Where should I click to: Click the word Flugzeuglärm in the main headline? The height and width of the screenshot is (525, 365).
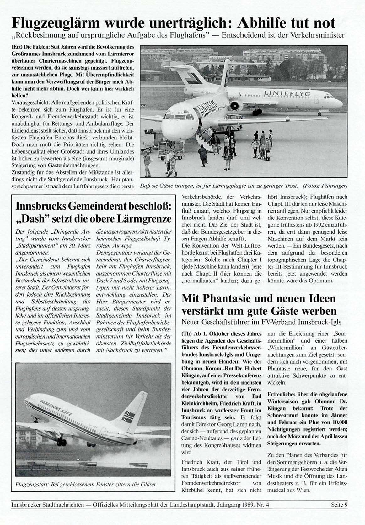[58, 23]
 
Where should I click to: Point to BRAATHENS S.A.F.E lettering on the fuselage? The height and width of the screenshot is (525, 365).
[56, 408]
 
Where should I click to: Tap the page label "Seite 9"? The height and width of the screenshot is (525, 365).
[339, 505]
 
